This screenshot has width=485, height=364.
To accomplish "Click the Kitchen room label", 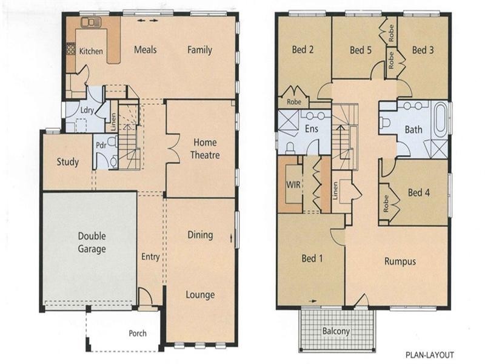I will click(x=91, y=52).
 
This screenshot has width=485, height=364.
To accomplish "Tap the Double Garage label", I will click(x=92, y=243).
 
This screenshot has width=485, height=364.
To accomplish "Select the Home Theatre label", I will click(x=205, y=149).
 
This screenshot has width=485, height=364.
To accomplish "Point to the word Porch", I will click(x=138, y=334).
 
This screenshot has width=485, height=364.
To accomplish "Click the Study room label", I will click(x=68, y=162).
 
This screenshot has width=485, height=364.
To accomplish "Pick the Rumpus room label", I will click(x=400, y=261).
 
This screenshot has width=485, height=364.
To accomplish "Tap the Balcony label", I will click(x=336, y=331).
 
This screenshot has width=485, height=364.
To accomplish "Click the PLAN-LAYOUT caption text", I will click(x=429, y=355).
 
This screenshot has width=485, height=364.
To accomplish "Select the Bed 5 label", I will click(x=360, y=50).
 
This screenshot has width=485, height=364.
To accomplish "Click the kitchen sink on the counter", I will click(x=91, y=23).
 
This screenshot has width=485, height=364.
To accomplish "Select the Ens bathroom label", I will click(x=312, y=129).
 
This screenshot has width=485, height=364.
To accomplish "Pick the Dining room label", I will click(x=200, y=235).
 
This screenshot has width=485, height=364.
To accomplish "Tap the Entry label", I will click(x=150, y=257).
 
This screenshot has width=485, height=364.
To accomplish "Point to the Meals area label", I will click(x=145, y=49).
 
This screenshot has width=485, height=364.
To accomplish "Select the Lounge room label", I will click(x=200, y=295).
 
